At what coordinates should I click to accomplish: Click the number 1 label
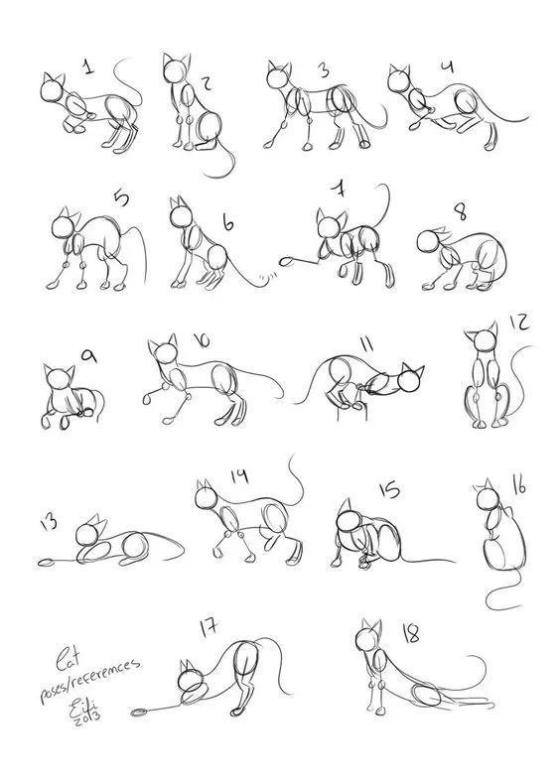pyautogui.click(x=89, y=67)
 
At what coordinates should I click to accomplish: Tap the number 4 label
pyautogui.click(x=447, y=67)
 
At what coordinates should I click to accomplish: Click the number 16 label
pyautogui.click(x=518, y=485)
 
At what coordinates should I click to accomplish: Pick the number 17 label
pyautogui.click(x=208, y=627)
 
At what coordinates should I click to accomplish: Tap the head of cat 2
pyautogui.click(x=177, y=70)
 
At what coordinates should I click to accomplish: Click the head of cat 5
pyautogui.click(x=65, y=226)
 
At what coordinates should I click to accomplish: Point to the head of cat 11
pyautogui.click(x=408, y=380)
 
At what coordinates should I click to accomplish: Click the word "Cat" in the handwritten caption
pyautogui.click(x=68, y=656)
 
